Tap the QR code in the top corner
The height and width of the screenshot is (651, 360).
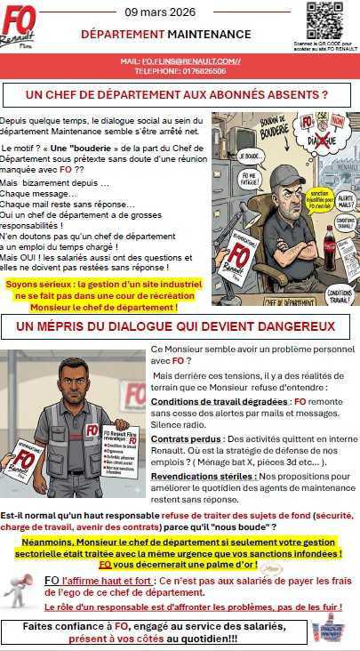tap(325, 20)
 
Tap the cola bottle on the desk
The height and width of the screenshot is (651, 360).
tap(330, 248)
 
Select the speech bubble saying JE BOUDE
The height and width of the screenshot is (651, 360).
tap(228, 157)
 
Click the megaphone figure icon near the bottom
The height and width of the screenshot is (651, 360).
tap(20, 588)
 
